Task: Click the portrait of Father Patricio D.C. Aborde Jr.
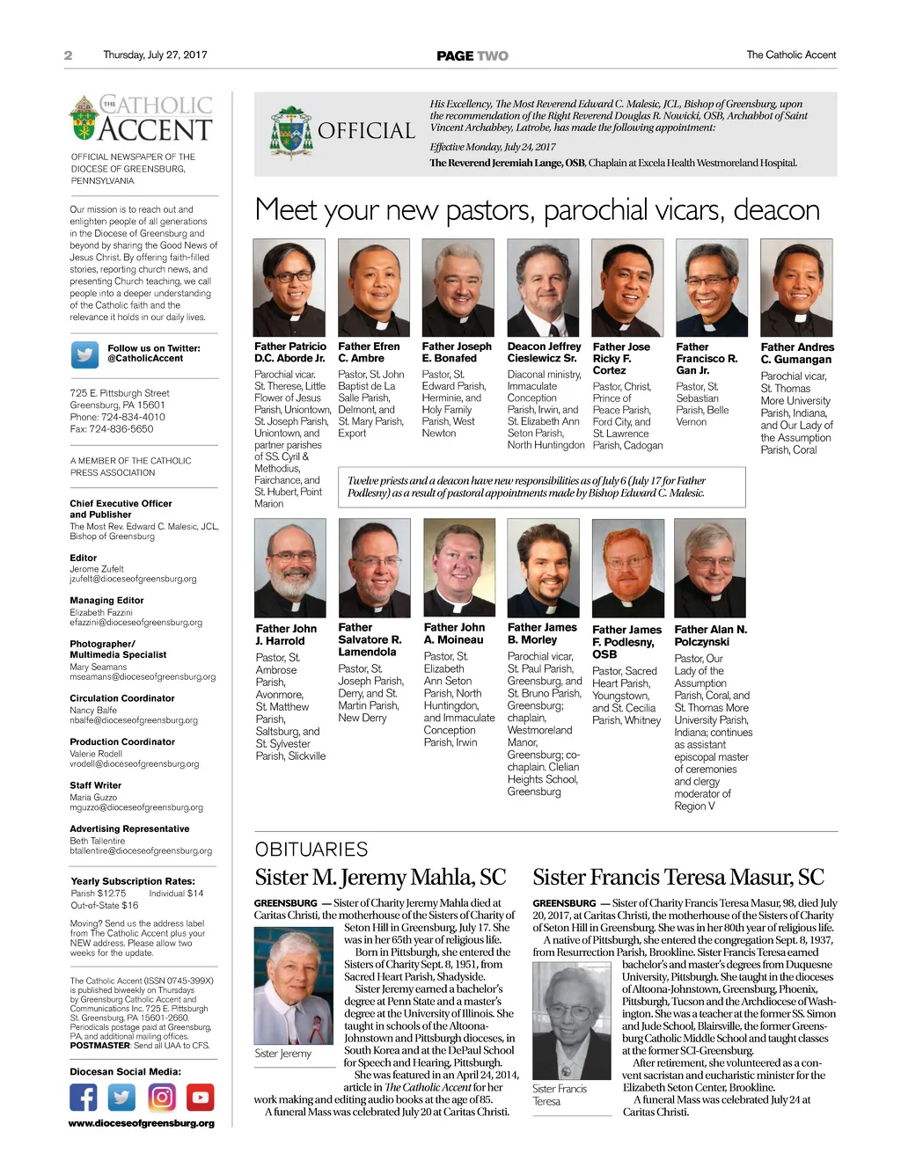click(x=289, y=288)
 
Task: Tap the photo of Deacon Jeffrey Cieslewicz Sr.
click(x=543, y=288)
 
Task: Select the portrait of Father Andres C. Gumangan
click(x=796, y=288)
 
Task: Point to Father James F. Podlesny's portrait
click(x=627, y=568)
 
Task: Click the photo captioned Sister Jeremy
click(x=293, y=985)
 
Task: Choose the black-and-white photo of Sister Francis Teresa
click(x=571, y=1020)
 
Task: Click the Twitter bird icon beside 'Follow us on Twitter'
click(x=85, y=354)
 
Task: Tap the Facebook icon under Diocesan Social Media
click(x=84, y=1097)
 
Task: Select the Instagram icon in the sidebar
click(x=162, y=1097)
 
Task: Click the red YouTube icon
click(x=201, y=1097)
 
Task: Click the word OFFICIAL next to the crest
click(x=366, y=132)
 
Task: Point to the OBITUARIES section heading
click(x=311, y=850)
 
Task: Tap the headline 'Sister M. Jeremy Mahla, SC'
click(x=380, y=878)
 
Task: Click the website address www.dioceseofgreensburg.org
click(x=142, y=1123)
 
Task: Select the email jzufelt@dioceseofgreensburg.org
click(x=133, y=580)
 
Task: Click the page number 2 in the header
click(x=69, y=55)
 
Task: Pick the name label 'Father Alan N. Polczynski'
click(x=711, y=636)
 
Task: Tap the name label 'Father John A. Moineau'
click(x=454, y=633)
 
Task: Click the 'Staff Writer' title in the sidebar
click(x=96, y=785)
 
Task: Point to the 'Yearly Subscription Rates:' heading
click(x=133, y=881)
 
